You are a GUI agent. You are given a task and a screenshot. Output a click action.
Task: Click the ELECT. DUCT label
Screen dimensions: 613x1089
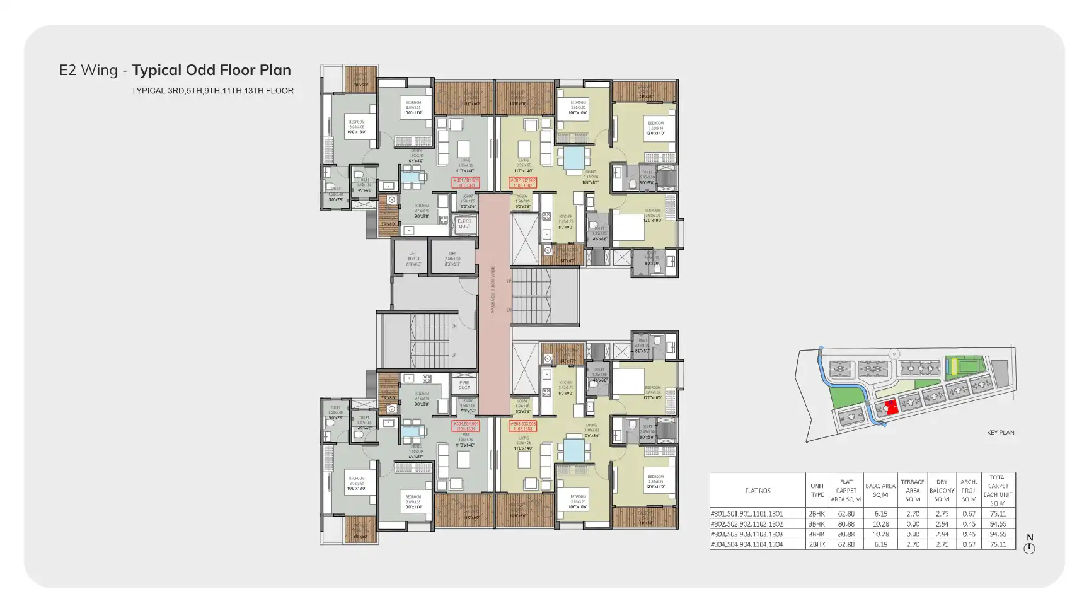(464, 224)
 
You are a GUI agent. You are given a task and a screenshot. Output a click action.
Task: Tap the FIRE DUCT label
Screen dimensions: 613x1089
(464, 385)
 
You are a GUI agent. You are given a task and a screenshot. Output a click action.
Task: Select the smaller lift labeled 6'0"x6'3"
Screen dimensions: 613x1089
(412, 259)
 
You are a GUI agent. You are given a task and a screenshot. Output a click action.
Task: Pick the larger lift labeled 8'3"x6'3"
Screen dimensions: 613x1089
(452, 259)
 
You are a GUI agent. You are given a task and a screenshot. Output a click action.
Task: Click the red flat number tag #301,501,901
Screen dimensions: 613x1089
(466, 183)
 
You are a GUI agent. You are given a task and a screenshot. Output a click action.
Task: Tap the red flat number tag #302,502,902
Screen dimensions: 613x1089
(523, 183)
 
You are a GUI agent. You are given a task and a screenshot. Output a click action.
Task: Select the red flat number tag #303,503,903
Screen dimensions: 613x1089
(523, 426)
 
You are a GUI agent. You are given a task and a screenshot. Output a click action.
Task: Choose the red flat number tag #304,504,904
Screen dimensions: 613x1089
(466, 426)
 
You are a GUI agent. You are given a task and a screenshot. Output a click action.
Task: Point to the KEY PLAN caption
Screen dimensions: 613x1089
(1000, 433)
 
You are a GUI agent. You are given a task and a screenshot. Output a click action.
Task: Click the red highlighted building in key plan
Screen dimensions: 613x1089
(890, 407)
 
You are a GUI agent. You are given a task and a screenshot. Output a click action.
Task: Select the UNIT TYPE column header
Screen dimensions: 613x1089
(817, 491)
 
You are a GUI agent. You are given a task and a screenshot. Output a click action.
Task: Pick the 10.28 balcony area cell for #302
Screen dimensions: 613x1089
(880, 524)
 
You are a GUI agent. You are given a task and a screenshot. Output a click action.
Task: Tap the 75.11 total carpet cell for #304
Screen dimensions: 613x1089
(998, 544)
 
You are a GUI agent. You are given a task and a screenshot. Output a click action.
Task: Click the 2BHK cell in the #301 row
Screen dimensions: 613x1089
(817, 514)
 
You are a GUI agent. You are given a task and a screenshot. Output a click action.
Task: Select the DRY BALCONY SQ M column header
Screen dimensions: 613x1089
(942, 491)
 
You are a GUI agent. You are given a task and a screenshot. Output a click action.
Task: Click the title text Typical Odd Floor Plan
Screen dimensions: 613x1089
(211, 70)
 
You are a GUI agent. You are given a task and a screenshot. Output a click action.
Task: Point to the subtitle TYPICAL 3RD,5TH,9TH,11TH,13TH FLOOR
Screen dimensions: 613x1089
(212, 91)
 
